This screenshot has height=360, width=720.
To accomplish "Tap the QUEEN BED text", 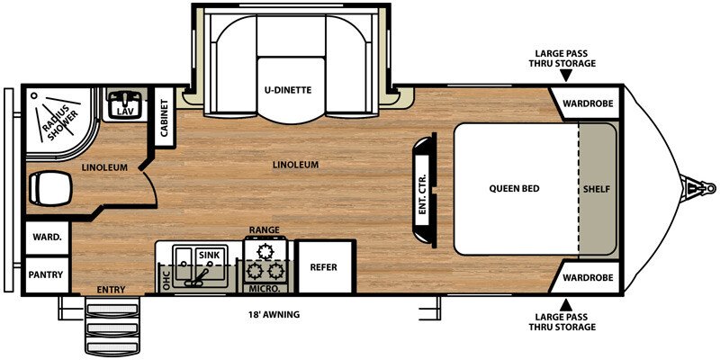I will [x=514, y=189].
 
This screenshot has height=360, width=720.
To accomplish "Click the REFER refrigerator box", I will [x=323, y=267].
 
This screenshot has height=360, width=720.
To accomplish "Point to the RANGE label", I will [x=265, y=231].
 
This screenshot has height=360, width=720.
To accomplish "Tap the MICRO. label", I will [x=264, y=288].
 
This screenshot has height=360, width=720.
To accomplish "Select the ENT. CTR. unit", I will [x=423, y=189].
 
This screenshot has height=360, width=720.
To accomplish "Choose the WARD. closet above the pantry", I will [x=46, y=238].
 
